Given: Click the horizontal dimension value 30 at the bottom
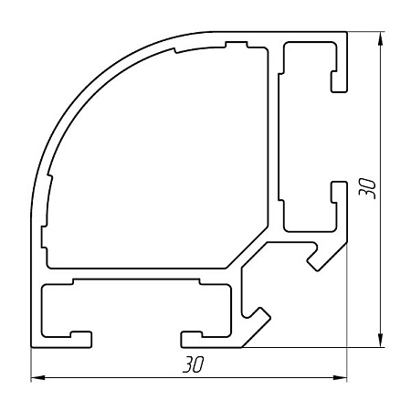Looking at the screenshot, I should coord(191,364).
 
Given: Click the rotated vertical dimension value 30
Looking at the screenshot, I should coord(367,189).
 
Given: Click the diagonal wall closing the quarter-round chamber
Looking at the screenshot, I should coord(250,250).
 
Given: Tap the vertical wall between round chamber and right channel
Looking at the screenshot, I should coord(275,137).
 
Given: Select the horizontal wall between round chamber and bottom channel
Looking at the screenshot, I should coord(137,276).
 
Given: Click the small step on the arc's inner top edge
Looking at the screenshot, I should coord(236,44).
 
